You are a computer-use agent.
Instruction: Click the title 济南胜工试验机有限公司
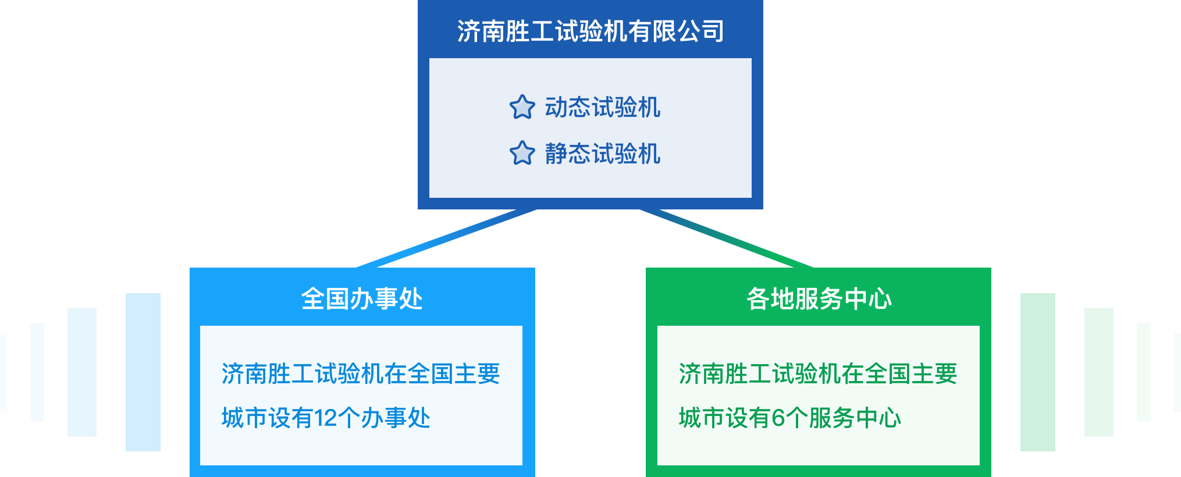coord(590,31)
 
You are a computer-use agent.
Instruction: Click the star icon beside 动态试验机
coord(522,108)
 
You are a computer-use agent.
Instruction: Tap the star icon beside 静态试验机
coord(522,154)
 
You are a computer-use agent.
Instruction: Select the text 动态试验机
coord(602,108)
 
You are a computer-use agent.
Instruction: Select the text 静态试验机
coord(602,154)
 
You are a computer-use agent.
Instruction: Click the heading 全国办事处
coord(362,298)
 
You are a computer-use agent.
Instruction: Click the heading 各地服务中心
coord(819,298)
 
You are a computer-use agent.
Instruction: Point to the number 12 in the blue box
coord(325,418)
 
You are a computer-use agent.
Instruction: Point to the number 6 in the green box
coord(778,418)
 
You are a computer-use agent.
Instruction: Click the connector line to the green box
coord(727,238)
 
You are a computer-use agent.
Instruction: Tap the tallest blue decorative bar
coord(143,372)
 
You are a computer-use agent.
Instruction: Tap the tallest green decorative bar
coord(1037,372)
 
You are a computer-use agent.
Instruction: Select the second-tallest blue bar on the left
coord(82,372)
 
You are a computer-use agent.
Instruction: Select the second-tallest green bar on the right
coord(1098,372)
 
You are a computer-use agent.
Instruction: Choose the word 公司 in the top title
coord(700,31)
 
